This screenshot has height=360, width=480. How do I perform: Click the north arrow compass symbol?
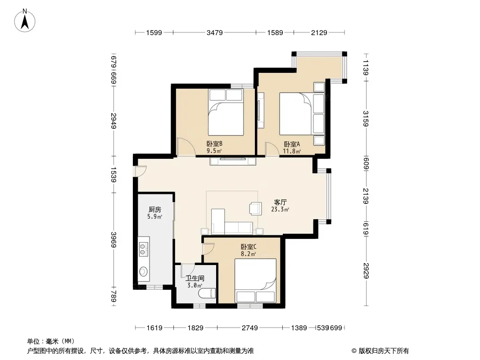25,21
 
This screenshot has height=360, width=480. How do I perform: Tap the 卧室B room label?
214,144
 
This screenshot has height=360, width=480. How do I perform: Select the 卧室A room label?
292,144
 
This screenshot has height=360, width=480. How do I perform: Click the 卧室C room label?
249,247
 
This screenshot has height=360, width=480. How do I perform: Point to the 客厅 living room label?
281,202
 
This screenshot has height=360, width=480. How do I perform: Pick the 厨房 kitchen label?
155,210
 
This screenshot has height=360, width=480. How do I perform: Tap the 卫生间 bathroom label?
195,278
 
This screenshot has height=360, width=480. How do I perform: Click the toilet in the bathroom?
207,293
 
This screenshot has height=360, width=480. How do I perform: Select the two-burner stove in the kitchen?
143,249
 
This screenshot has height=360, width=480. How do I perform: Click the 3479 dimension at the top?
215,32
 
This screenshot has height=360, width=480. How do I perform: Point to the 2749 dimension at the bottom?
250,328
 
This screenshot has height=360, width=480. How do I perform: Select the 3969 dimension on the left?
113,239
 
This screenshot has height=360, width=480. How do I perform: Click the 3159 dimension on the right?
366,119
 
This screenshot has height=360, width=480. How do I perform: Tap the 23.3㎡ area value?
280,210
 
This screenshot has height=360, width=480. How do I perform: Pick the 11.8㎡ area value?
292,151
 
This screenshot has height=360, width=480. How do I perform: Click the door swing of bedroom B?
186,147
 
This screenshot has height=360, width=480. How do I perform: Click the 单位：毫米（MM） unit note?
50,341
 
